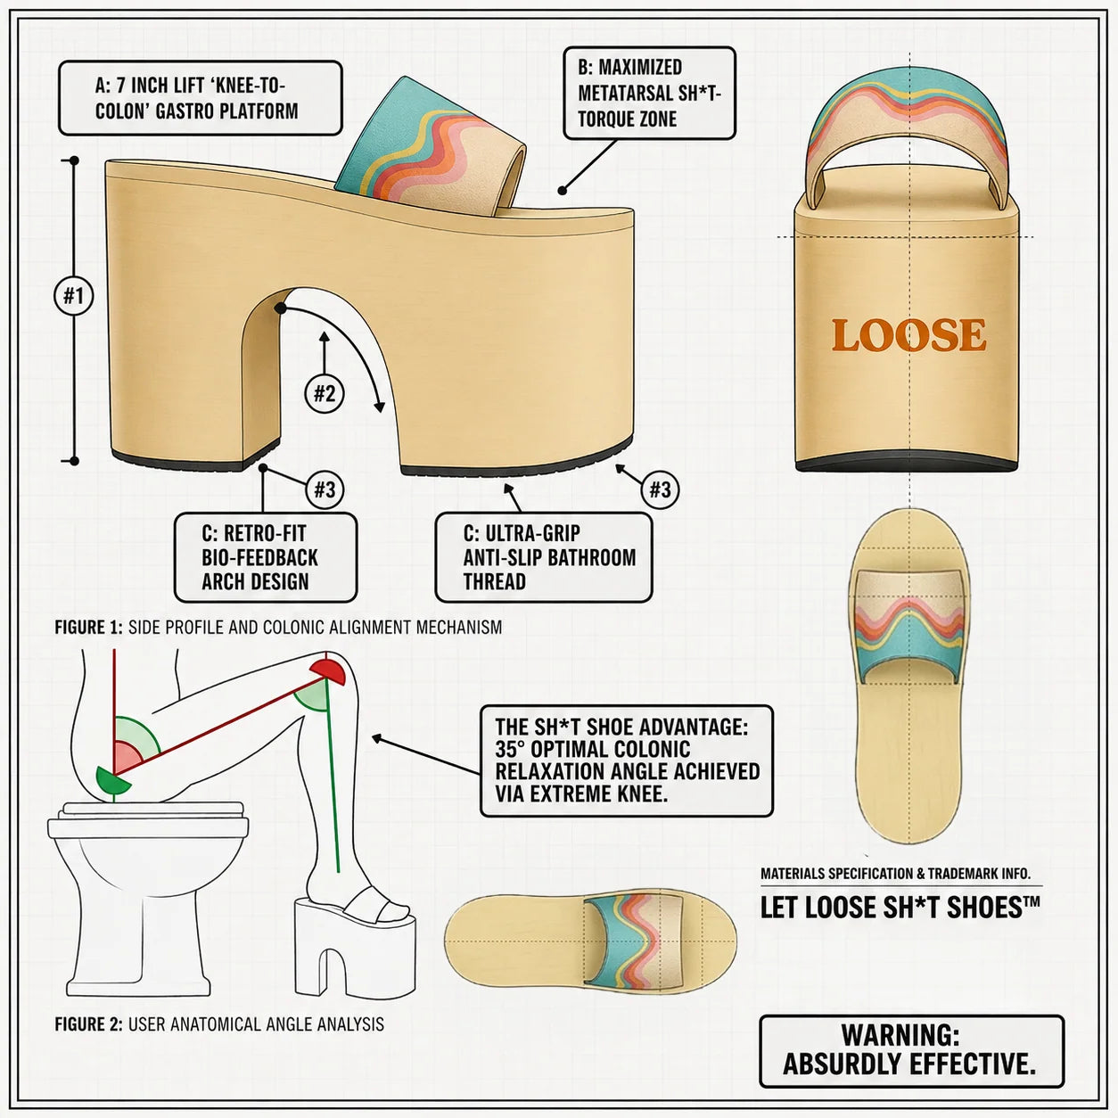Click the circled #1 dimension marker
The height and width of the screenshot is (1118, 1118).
[74, 296]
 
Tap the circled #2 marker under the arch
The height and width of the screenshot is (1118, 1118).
[325, 394]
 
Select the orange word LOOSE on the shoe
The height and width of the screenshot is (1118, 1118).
[909, 335]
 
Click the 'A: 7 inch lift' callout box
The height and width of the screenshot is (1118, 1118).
[201, 98]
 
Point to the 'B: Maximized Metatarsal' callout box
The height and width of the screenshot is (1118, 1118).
[649, 93]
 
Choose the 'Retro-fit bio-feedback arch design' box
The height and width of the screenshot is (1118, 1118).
[266, 557]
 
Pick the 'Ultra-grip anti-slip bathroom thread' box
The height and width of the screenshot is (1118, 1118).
[544, 557]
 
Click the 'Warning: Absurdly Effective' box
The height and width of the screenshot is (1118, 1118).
[911, 1050]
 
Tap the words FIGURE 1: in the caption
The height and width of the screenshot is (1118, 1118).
[88, 627]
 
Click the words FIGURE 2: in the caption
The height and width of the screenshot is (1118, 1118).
[88, 1024]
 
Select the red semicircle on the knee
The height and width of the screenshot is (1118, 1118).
[328, 671]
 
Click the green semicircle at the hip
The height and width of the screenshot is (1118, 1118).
[112, 781]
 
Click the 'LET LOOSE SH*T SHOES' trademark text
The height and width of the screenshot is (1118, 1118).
[900, 908]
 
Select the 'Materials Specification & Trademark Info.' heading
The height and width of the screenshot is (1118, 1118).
[895, 874]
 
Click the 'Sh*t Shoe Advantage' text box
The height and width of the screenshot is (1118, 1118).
[627, 760]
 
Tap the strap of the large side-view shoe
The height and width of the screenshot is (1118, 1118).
[431, 147]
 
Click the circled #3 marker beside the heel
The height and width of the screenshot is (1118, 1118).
[325, 489]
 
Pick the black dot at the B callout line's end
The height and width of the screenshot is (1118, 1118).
[562, 190]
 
